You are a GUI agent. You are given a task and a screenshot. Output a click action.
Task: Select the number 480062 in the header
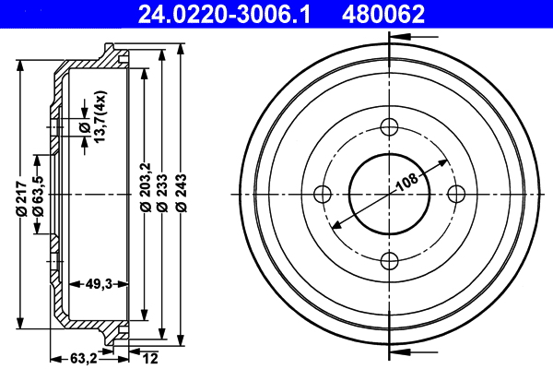point(383,14)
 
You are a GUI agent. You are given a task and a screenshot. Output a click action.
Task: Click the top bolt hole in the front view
point(389,127)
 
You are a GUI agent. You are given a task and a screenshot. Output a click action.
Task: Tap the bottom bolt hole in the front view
point(389,260)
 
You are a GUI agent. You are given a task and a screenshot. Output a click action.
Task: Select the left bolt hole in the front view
point(323,194)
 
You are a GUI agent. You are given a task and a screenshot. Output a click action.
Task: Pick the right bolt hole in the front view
point(455,194)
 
